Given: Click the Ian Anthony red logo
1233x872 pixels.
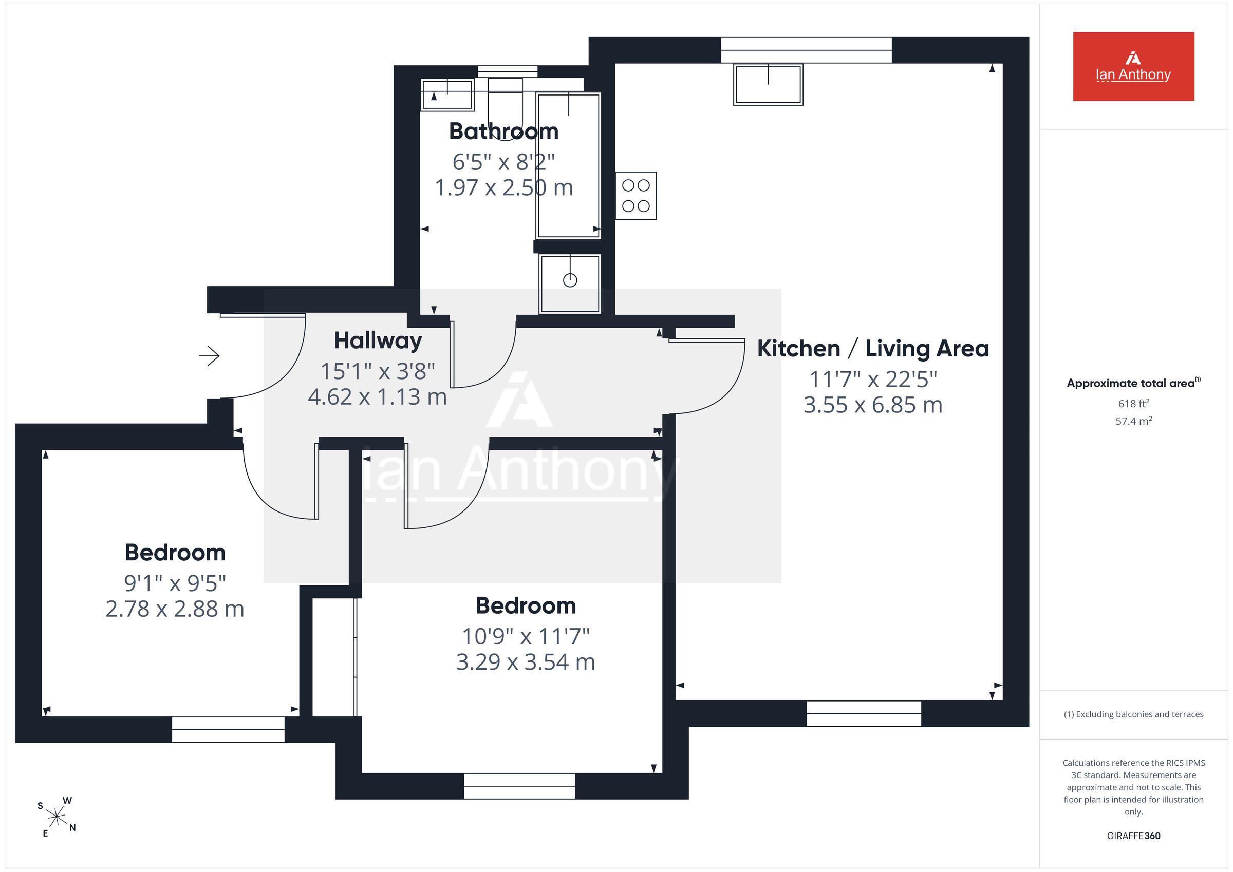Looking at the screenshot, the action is [x=1133, y=67].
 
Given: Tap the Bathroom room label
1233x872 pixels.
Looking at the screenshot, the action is [x=503, y=131].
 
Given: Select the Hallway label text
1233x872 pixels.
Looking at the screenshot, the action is [x=378, y=341].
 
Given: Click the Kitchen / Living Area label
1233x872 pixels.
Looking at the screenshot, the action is [x=873, y=349].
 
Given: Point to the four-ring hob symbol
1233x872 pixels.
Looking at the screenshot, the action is [x=636, y=196].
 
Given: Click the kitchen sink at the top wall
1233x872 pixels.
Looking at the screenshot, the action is [x=768, y=84].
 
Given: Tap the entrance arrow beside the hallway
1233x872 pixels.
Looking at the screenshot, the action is [x=210, y=355].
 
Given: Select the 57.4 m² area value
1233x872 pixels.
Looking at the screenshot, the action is [x=1134, y=421].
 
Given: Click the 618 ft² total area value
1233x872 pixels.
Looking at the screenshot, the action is [x=1134, y=403].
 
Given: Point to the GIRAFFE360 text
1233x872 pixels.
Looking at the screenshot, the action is [x=1134, y=836].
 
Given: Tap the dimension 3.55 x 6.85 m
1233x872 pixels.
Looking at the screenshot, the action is [x=873, y=405].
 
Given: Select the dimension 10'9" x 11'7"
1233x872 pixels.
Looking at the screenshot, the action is [x=526, y=637].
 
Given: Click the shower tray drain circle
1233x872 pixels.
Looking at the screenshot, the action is [x=570, y=280].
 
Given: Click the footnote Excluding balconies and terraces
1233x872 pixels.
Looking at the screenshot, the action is [x=1134, y=714].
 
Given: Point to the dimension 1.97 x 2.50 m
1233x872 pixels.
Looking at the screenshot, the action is [x=503, y=188].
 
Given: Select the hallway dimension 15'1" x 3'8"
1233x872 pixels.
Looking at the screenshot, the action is [x=378, y=371].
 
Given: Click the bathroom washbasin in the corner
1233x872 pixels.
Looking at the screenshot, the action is [x=447, y=95].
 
